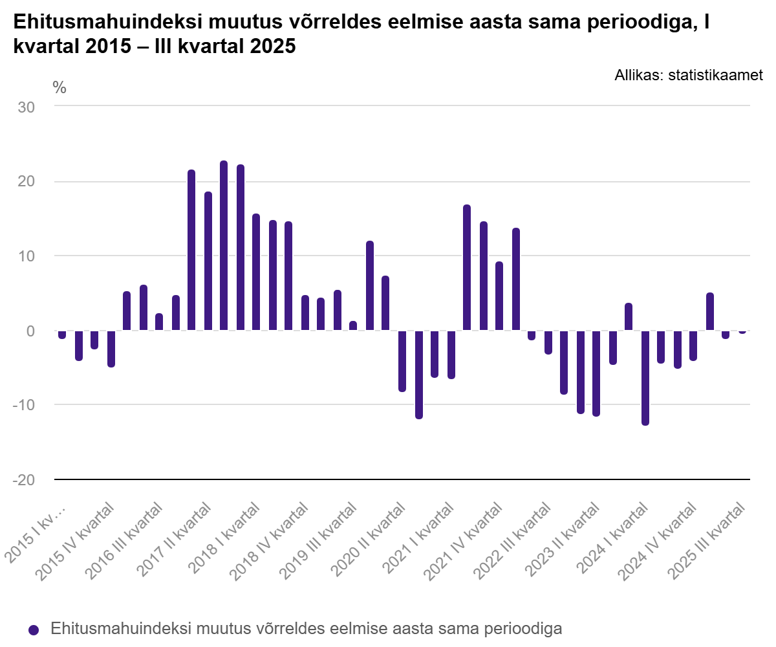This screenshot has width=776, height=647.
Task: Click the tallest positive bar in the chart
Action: [x=224, y=246]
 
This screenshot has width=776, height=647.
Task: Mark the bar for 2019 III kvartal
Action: [x=353, y=326]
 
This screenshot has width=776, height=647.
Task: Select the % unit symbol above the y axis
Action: [x=59, y=88]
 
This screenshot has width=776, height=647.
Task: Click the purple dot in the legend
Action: [x=34, y=630]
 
